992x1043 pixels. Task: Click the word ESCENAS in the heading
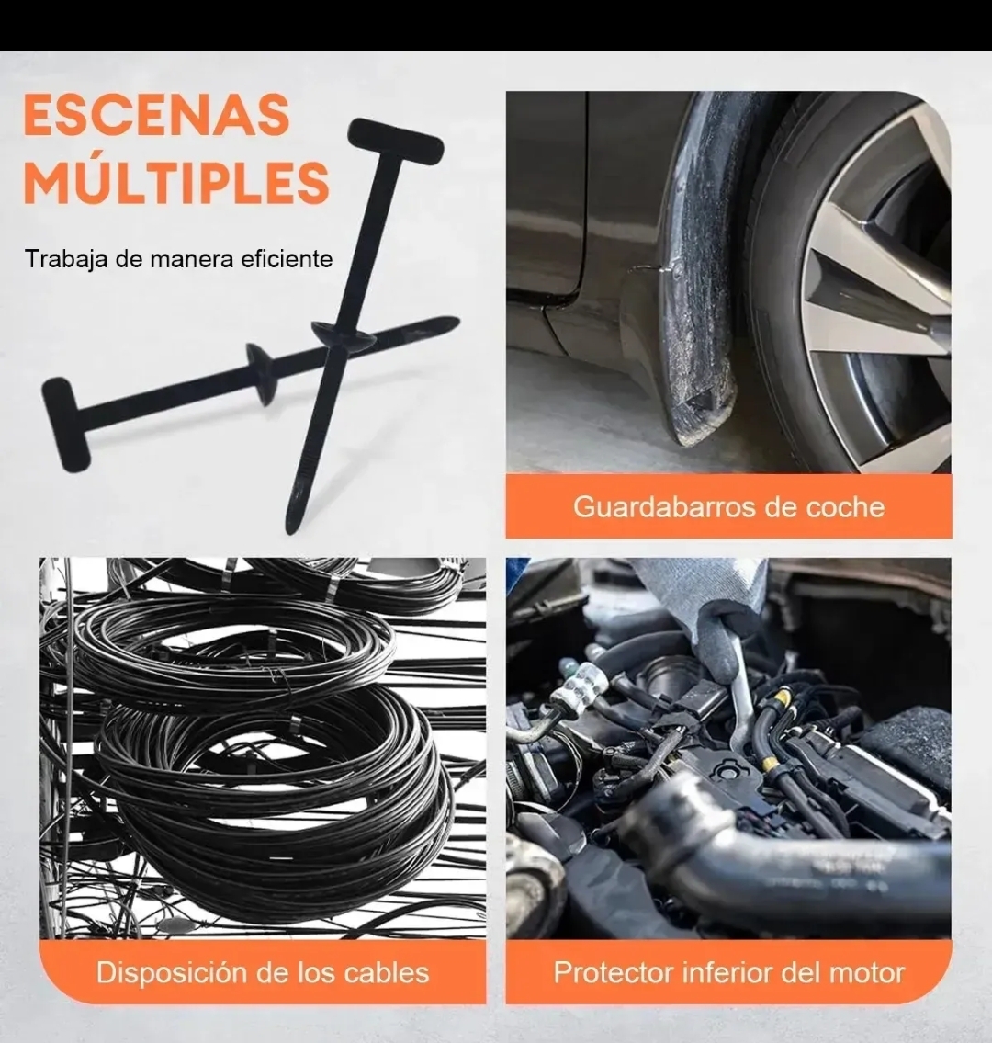tap(157, 115)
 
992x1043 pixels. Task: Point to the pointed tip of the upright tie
tap(290, 528)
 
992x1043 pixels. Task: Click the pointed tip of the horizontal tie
tap(456, 322)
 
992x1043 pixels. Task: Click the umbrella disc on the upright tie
tap(344, 334)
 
